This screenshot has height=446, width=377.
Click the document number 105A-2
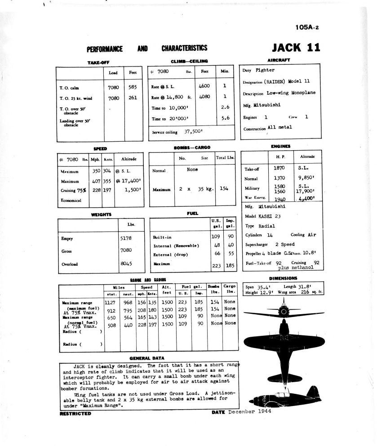pos(307,27)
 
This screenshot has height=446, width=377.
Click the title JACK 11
pos(296,47)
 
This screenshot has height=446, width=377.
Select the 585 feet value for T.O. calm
pos(133,87)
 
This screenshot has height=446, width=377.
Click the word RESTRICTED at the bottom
pos(75,414)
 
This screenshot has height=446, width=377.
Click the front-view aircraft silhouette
pos(284,312)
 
